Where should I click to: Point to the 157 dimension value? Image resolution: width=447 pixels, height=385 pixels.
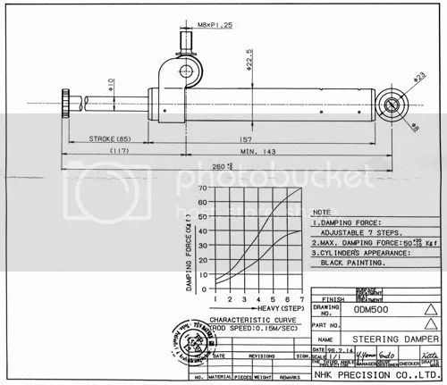click(x=244, y=139)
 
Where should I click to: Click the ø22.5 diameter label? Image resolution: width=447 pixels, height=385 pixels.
click(x=249, y=63)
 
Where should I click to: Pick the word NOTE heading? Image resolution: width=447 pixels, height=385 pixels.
click(x=323, y=213)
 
